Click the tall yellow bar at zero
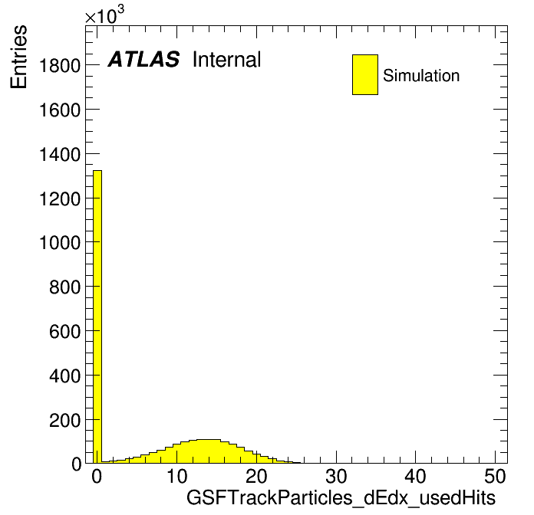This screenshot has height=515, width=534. (x=97, y=317)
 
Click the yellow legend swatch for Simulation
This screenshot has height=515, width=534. (x=365, y=74)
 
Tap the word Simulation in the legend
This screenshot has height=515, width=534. (x=421, y=76)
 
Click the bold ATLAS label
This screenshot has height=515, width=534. (x=143, y=59)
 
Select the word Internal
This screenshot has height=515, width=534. (x=226, y=60)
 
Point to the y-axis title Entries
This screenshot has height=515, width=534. (x=18, y=57)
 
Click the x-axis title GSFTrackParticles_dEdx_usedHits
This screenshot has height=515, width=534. (x=341, y=498)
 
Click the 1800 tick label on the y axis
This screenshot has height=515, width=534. (x=60, y=65)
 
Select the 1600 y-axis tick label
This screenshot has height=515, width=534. (x=60, y=110)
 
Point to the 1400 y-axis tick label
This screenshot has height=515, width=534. (x=60, y=154)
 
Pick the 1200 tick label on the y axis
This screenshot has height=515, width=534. (x=60, y=198)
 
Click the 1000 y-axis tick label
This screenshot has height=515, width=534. (x=60, y=243)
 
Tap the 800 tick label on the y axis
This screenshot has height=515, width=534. (x=64, y=287)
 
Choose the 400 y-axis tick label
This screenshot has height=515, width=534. (x=64, y=376)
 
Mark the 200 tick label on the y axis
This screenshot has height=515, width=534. (x=64, y=421)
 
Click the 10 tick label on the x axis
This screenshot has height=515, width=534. (x=176, y=477)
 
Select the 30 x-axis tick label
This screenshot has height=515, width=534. (x=336, y=477)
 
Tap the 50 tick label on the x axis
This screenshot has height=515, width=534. (x=495, y=477)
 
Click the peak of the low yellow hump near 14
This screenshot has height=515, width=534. (x=209, y=440)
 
